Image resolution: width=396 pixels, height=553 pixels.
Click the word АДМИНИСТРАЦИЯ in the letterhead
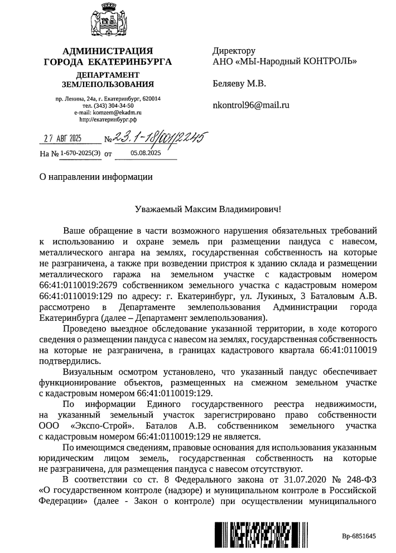107,51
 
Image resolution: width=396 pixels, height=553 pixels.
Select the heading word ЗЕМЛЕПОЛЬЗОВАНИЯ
108,84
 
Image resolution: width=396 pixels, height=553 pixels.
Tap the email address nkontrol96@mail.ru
252,105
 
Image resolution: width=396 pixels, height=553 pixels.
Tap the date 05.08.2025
146,152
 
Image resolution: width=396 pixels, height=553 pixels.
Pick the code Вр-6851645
359,536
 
